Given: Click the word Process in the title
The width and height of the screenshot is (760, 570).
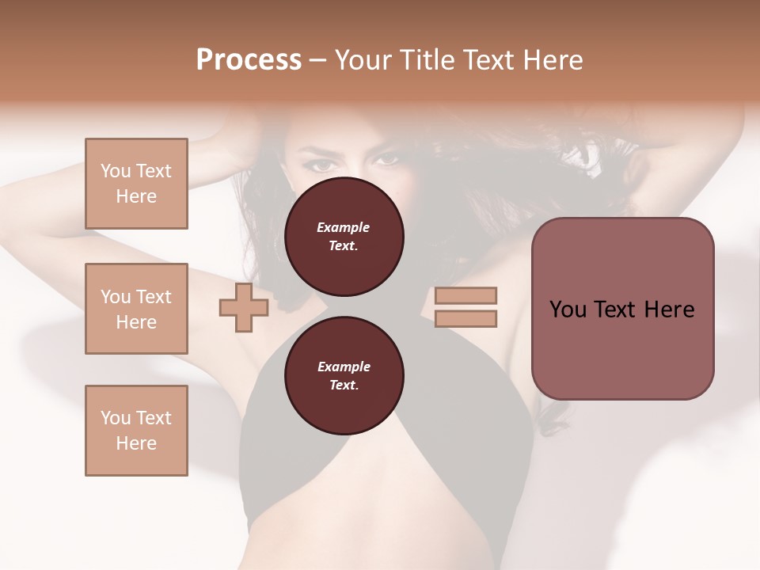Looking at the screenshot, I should click(x=249, y=60).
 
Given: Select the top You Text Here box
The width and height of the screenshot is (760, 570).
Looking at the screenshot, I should click(x=136, y=184).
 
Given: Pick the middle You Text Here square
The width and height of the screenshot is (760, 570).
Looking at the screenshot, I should click(x=136, y=309).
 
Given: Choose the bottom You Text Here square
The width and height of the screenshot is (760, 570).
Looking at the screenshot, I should click(x=136, y=431).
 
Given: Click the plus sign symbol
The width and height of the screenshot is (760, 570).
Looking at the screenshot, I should click(x=243, y=309).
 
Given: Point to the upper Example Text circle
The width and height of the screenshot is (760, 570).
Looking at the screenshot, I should click(x=344, y=236).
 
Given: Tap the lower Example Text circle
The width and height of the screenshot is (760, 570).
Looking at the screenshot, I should click(x=344, y=376).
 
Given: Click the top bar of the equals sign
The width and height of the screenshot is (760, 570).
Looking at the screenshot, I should click(x=465, y=296).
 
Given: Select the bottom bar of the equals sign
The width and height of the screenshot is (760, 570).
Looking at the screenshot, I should click(x=465, y=318).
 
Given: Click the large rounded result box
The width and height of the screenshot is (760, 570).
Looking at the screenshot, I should click(x=622, y=309).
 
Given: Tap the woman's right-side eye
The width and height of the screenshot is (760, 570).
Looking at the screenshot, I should click(x=386, y=159).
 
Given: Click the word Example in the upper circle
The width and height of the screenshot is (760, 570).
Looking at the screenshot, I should click(x=344, y=227).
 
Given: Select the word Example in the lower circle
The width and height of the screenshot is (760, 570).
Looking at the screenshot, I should click(x=344, y=367).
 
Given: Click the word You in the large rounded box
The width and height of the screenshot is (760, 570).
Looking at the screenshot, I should click(x=568, y=310).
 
